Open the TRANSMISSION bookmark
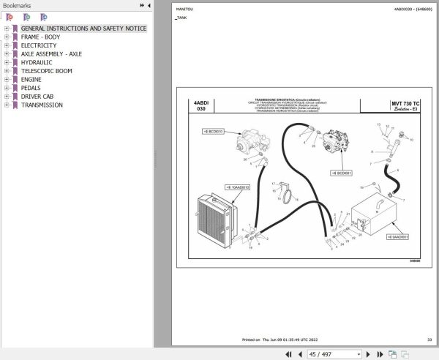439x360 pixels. (x=42, y=105)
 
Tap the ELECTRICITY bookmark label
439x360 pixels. (x=39, y=45)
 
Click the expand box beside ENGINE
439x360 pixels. (x=6, y=80)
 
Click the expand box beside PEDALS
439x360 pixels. (x=6, y=88)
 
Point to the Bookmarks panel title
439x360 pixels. (x=18, y=6)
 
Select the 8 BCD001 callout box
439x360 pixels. (x=341, y=173)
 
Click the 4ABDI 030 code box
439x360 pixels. (x=200, y=109)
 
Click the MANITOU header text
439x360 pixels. (x=185, y=9)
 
